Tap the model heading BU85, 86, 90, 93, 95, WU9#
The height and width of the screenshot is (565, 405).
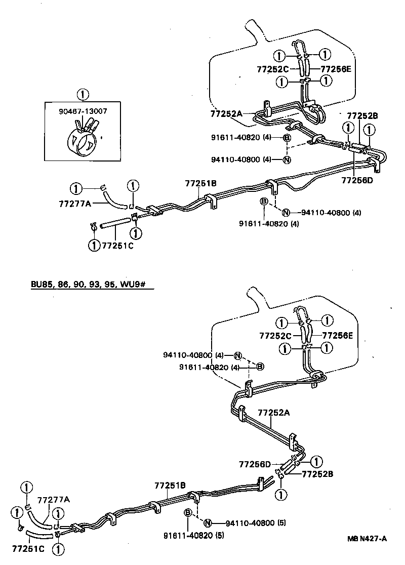coord(88,285)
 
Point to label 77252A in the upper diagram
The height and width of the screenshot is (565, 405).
coord(226,114)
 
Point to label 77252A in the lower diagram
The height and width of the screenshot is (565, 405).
coord(273,413)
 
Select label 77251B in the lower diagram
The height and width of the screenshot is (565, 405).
coord(171,486)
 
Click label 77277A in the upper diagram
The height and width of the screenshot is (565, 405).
coord(75,205)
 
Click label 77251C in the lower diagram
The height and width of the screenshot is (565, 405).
coord(27,549)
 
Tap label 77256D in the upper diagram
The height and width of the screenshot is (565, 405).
coord(357,180)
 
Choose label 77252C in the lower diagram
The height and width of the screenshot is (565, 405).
coord(275,335)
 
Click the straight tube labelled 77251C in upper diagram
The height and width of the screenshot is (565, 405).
coord(115,224)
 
